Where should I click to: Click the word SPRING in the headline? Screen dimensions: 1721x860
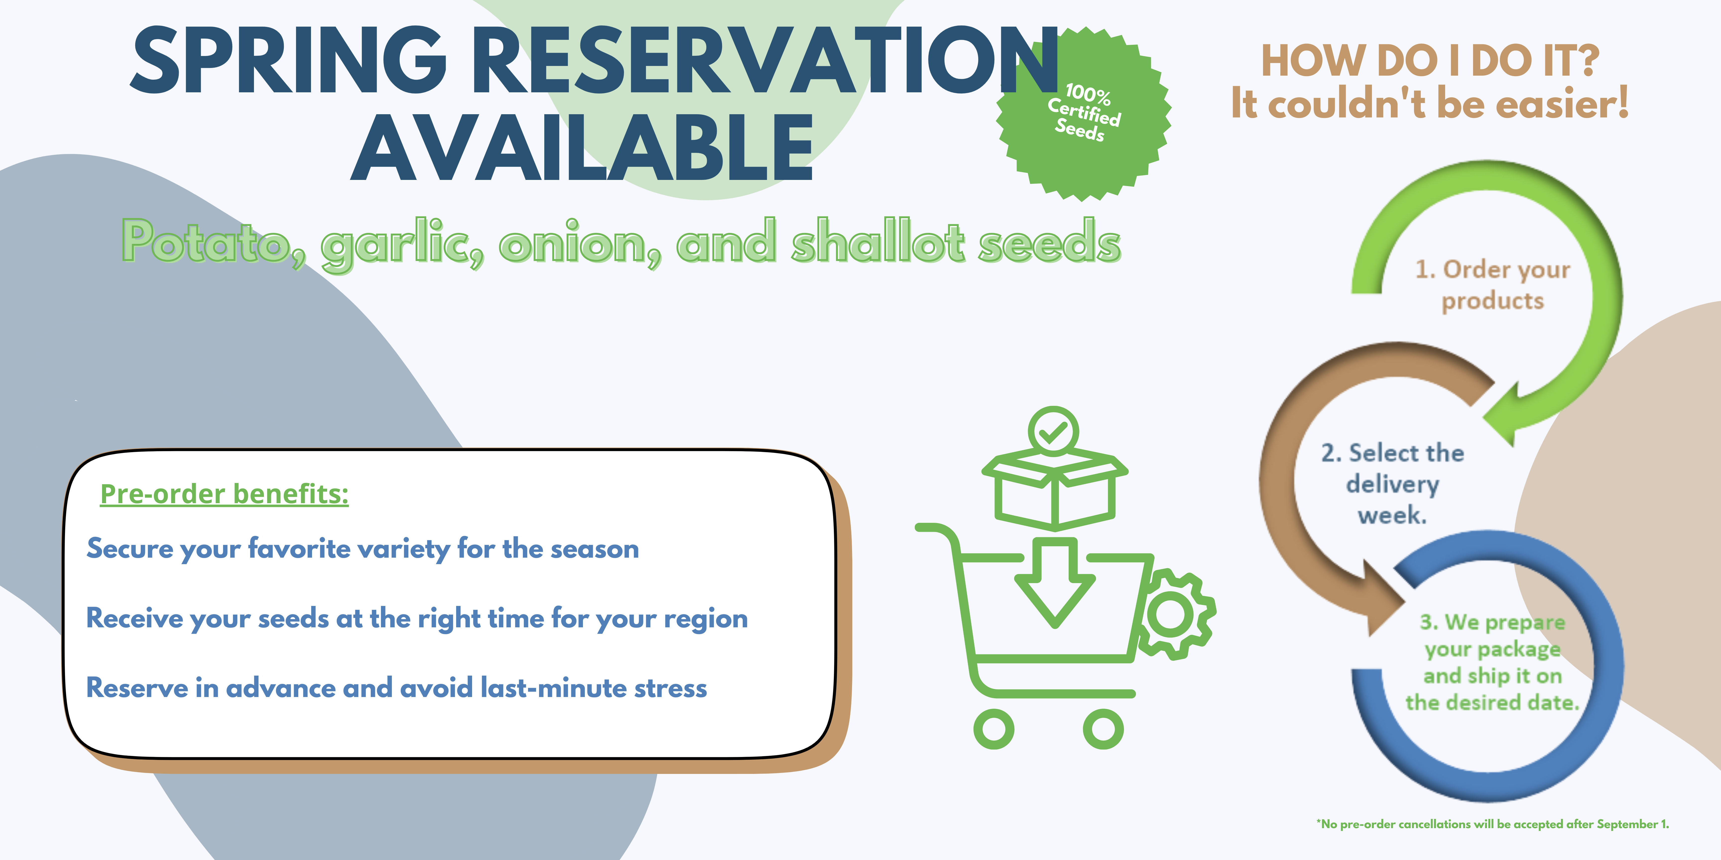pyautogui.click(x=289, y=60)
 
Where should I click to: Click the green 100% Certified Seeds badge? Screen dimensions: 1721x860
pyautogui.click(x=1083, y=113)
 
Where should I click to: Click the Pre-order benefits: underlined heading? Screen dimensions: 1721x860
pyautogui.click(x=225, y=494)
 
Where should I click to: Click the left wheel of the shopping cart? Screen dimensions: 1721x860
pyautogui.click(x=993, y=729)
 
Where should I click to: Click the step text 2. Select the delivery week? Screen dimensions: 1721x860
pyautogui.click(x=1392, y=484)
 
